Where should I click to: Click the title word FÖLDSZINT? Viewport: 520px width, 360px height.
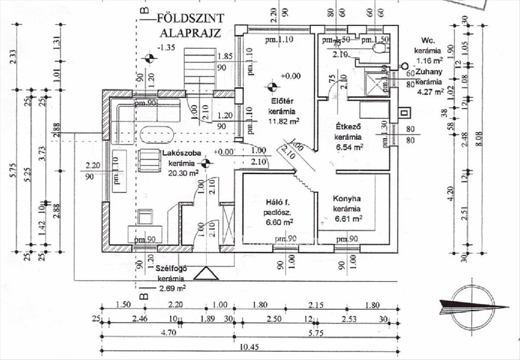click(190, 19)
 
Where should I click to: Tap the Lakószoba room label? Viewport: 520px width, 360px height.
click(181, 153)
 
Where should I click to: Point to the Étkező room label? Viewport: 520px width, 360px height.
click(349, 127)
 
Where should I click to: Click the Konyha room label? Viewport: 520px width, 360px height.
click(347, 199)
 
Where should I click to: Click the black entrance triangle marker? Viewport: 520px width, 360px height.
click(206, 274)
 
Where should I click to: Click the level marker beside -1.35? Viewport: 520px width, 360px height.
click(149, 58)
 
